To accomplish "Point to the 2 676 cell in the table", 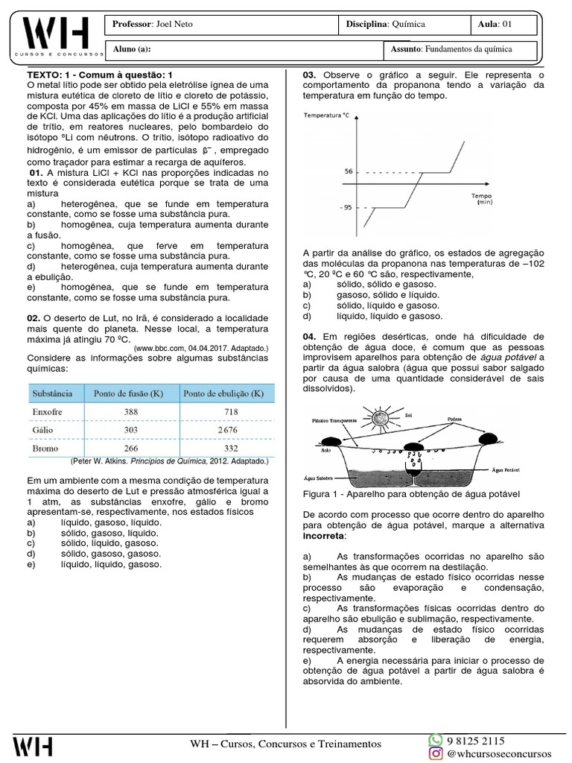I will coord(228,430).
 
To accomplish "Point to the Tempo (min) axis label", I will coord(482,197).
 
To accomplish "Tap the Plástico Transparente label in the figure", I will coord(334,421).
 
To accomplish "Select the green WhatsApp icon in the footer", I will coord(435,740).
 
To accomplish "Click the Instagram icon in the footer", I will coord(435,754).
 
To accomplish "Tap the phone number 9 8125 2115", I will coord(476,741).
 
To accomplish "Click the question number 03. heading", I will coord(310,75).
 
